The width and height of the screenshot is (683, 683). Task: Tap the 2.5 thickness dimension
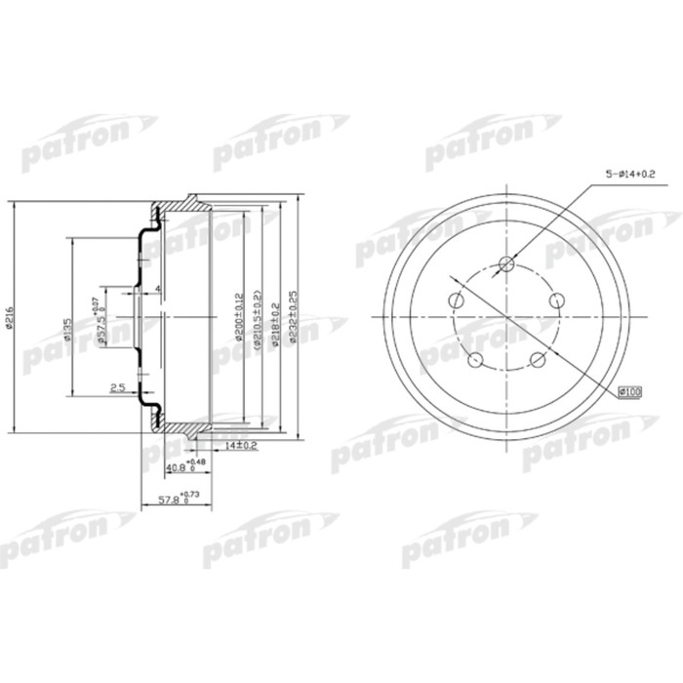[x=116, y=387]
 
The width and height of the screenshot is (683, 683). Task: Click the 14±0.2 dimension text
[x=240, y=446]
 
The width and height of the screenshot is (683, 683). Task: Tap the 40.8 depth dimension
[x=181, y=466]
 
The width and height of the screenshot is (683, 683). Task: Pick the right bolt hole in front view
[x=557, y=301]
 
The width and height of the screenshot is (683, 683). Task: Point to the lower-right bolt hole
[x=537, y=361]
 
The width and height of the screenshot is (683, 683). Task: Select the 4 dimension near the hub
[x=156, y=289]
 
